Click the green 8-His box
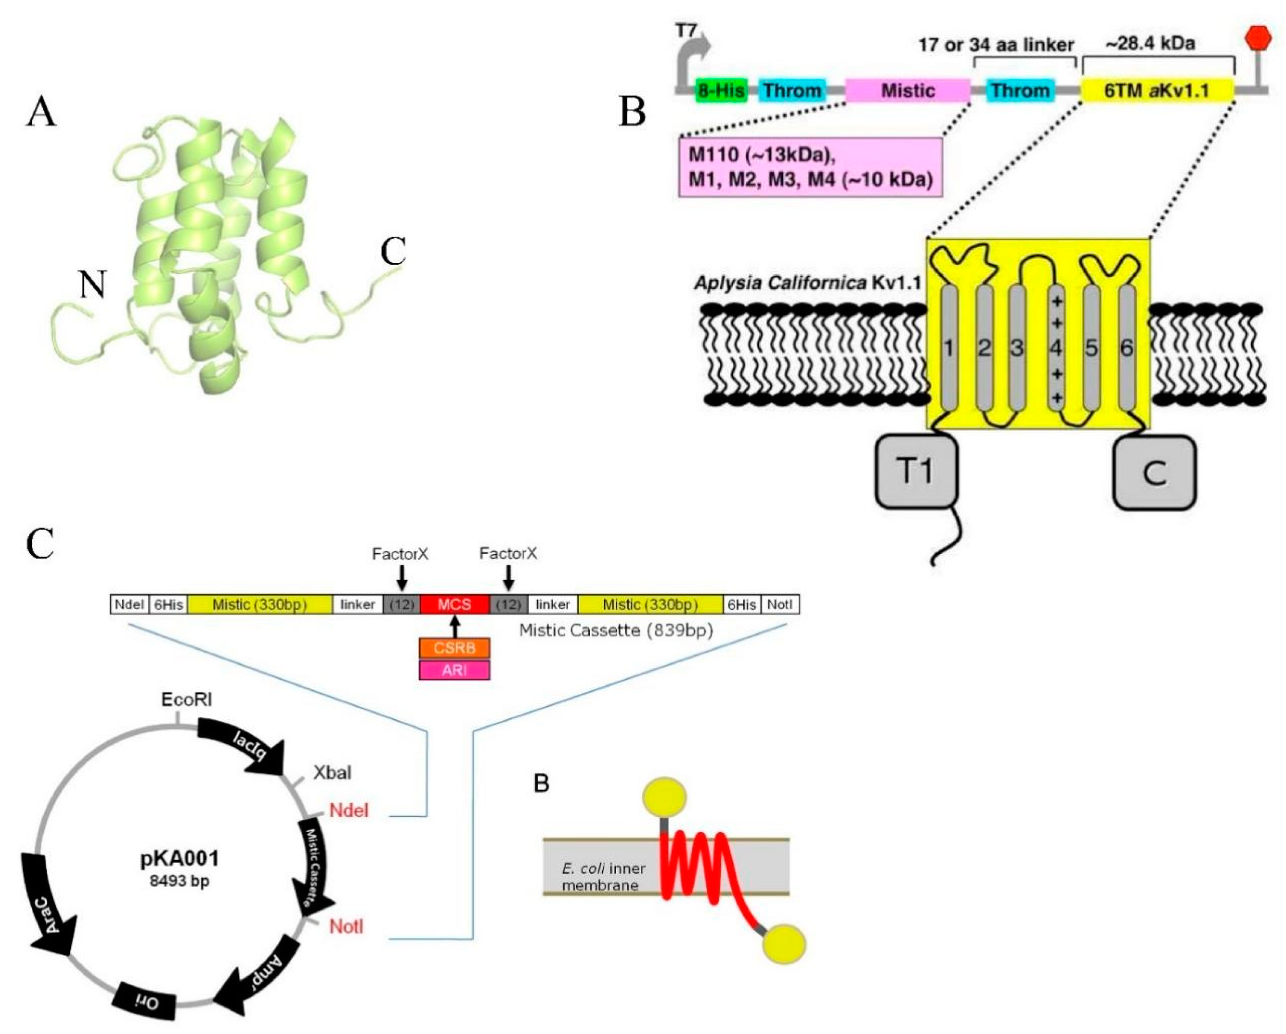(721, 91)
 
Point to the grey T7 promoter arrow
(692, 60)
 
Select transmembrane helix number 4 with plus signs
(1056, 348)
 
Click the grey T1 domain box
(916, 472)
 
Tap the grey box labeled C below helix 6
(1154, 473)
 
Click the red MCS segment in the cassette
(454, 605)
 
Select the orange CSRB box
(454, 648)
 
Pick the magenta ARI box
(454, 670)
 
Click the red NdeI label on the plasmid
(349, 810)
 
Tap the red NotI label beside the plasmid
(346, 926)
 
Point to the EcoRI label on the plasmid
(187, 699)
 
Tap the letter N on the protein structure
(93, 285)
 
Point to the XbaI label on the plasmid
(332, 773)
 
